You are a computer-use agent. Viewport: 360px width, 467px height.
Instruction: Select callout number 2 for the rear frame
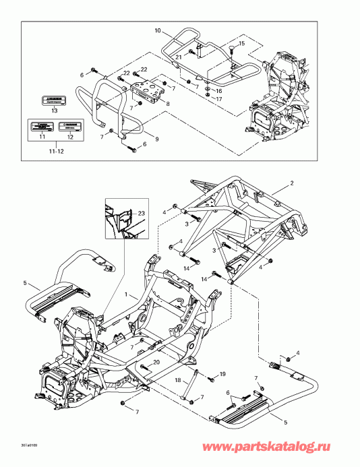coord(292,183)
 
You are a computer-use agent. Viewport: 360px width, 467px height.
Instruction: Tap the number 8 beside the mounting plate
coord(167,104)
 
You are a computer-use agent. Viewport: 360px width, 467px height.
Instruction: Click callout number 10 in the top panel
coord(158,31)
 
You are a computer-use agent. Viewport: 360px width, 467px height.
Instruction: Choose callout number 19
coord(222,373)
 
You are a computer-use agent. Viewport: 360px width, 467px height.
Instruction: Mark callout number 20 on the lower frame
coord(156,362)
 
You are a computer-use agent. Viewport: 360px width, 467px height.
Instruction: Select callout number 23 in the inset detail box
coord(141,213)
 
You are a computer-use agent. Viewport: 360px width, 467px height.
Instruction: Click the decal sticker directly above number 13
coord(54,99)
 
